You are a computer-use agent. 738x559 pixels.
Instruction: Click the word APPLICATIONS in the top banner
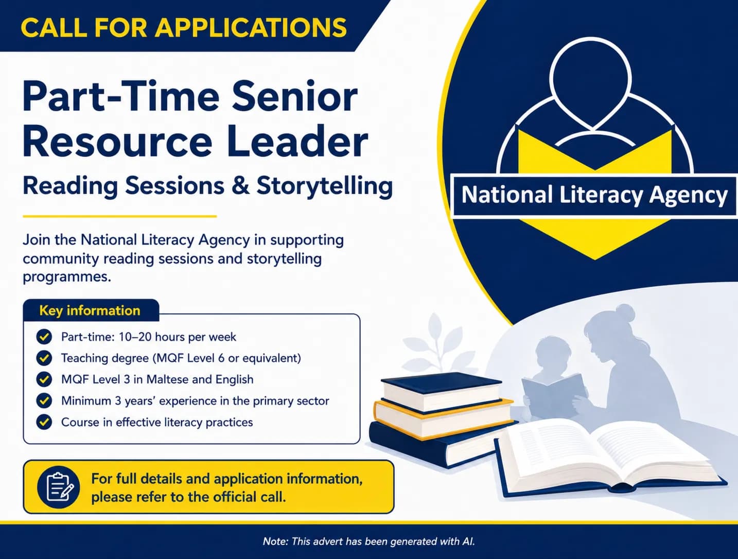tap(251, 27)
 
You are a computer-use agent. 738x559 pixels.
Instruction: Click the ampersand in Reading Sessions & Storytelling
tap(241, 185)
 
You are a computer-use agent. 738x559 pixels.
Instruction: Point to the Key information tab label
tap(90, 310)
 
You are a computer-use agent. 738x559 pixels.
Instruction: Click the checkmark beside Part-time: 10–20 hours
tap(44, 337)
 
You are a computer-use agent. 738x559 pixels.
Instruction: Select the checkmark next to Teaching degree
tap(44, 358)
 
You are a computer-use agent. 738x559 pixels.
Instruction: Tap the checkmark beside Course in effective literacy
tap(44, 422)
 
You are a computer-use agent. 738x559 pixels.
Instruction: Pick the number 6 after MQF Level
tap(221, 358)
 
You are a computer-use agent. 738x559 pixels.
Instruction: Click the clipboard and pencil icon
tap(59, 487)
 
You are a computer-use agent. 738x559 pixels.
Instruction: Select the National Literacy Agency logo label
tap(594, 195)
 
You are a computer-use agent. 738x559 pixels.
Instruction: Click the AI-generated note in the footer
tap(368, 541)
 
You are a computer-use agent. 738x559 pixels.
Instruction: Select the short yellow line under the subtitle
tap(120, 217)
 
